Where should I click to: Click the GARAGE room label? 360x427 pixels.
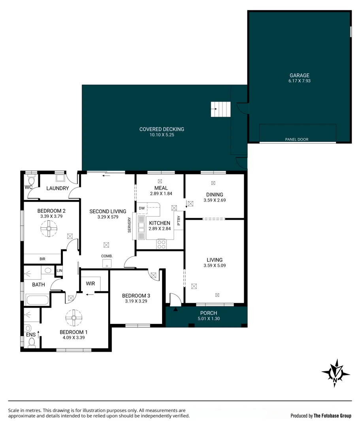coord(299,76)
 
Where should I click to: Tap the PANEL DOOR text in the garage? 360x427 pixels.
coord(297,140)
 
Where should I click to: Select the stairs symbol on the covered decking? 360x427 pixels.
coord(221,109)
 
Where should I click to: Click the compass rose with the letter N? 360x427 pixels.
coord(336,373)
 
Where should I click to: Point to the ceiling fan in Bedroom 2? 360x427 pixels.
coord(49,229)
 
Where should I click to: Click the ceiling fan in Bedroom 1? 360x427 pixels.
coord(74,318)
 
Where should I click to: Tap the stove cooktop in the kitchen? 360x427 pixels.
coord(161,244)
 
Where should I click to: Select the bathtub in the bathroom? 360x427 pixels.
coord(38,300)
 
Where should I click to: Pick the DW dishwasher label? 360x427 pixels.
coord(142,208)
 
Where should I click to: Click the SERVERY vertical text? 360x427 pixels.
coord(130,225)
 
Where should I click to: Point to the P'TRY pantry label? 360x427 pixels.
coord(179,221)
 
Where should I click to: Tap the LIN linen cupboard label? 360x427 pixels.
coord(59,271)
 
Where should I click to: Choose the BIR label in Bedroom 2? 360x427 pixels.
coord(42,259)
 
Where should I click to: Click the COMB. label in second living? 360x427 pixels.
coord(107,256)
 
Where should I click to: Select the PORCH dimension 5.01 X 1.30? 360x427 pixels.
coord(209,319)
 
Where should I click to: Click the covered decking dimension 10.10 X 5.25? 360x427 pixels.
coord(162,135)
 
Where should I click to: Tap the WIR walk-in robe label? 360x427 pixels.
coord(90,283)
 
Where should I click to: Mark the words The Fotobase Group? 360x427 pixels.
coord(332,416)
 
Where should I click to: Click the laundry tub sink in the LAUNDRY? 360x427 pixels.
coord(60,178)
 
